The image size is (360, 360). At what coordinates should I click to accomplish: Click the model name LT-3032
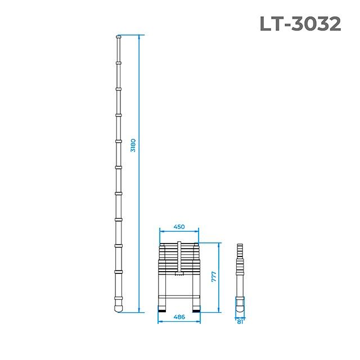300,23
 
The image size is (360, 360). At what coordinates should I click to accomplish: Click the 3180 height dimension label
133,146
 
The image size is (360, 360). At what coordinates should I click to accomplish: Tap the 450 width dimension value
179,227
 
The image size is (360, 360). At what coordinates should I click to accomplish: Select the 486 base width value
179,317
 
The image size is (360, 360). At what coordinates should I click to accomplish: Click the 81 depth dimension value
240,322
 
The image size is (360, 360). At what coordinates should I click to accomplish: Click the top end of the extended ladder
118,38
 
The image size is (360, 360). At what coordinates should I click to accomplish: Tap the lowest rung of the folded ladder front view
179,294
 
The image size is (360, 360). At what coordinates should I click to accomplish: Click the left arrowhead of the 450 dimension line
161,231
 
